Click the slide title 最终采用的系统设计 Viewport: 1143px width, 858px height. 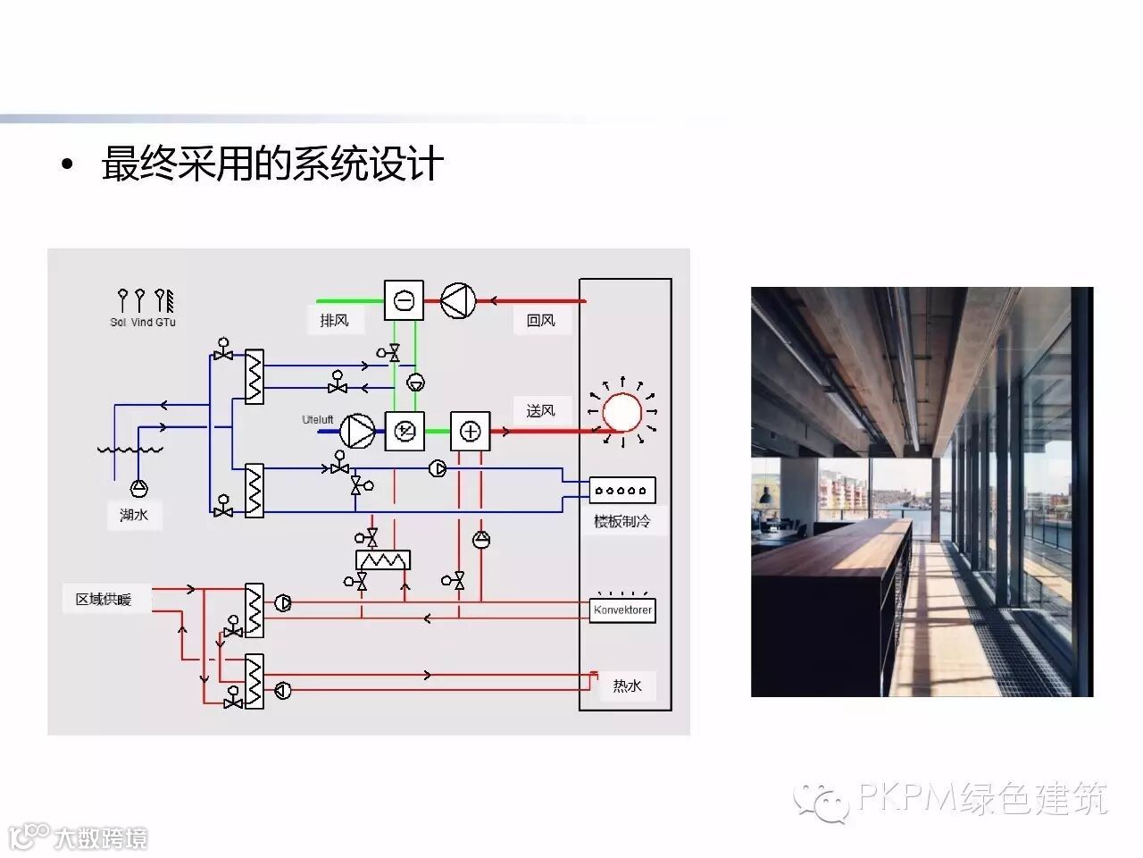[272, 165]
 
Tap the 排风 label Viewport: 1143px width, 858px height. [334, 320]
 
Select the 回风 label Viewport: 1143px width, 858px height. [540, 320]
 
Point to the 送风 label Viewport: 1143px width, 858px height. [540, 410]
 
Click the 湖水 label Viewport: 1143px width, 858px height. [134, 515]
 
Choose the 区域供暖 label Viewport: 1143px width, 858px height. [104, 599]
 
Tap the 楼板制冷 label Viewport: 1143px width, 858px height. [622, 520]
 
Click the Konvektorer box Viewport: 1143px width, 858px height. [622, 610]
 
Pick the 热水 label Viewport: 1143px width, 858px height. [627, 686]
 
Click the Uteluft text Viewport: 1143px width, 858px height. [317, 419]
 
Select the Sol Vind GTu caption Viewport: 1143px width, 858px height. [143, 322]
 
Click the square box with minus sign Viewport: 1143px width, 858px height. [404, 300]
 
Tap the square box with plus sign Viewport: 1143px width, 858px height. [470, 432]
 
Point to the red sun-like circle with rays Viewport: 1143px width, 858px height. [622, 413]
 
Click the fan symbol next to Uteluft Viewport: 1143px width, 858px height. [357, 432]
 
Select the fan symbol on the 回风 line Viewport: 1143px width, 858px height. [458, 300]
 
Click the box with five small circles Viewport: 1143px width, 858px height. [622, 490]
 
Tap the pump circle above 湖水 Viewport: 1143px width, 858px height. [139, 487]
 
